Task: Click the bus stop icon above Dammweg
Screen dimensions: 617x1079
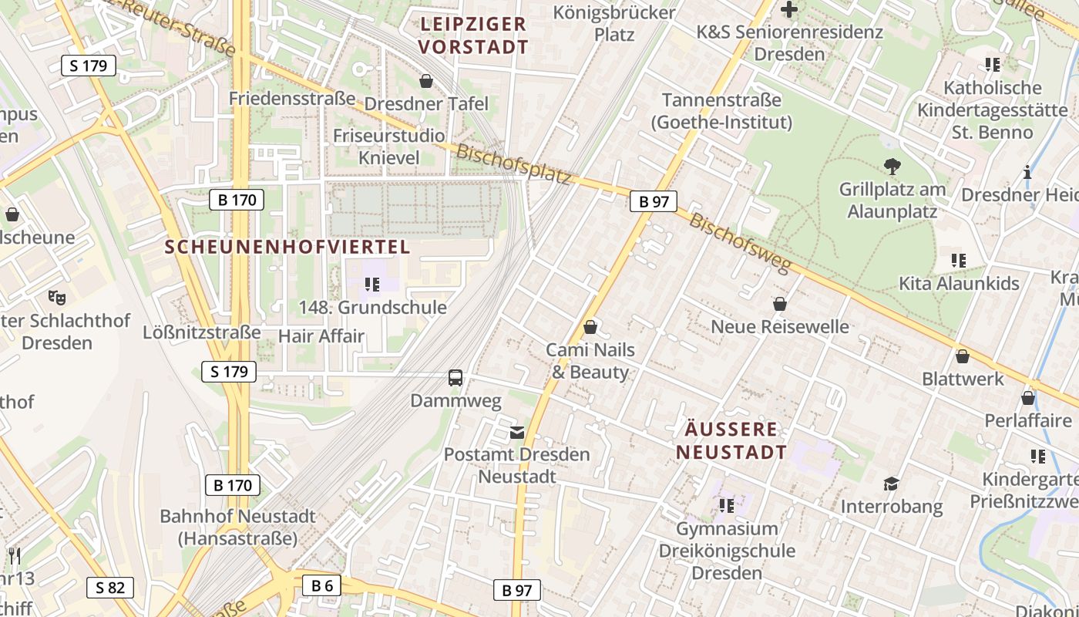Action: click(x=455, y=377)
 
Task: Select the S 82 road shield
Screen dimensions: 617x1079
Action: click(x=109, y=588)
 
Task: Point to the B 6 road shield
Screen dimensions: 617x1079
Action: click(x=321, y=585)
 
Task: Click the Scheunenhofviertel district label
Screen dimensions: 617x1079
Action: click(x=287, y=247)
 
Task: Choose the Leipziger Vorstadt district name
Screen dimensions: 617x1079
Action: click(x=473, y=35)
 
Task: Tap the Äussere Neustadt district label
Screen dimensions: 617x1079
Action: click(x=731, y=440)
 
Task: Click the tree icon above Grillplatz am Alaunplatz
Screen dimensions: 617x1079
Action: click(x=892, y=166)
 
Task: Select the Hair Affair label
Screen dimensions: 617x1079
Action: click(x=321, y=336)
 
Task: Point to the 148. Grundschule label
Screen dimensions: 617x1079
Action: click(x=372, y=308)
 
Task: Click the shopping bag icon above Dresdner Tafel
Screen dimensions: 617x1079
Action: click(x=425, y=80)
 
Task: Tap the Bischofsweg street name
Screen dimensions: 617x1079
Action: click(x=740, y=243)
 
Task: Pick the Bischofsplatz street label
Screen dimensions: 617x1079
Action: click(x=514, y=164)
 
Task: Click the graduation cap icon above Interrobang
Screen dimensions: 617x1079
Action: click(x=891, y=484)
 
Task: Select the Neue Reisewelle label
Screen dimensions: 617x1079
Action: click(x=779, y=326)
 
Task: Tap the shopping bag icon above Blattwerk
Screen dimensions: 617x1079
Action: click(x=962, y=356)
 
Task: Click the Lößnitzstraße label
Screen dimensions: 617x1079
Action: click(x=202, y=332)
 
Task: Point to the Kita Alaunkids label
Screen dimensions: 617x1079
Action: click(x=959, y=283)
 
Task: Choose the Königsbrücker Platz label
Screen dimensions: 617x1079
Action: click(x=614, y=23)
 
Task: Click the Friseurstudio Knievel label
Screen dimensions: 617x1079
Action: click(x=388, y=147)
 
